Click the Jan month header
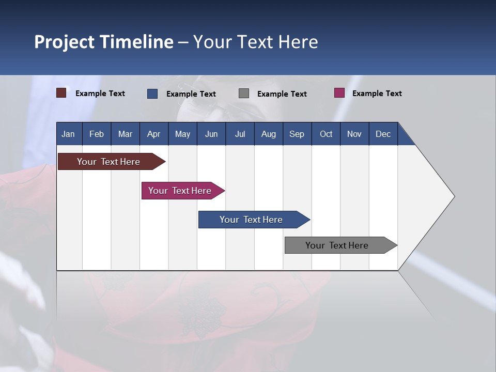(68, 134)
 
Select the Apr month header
(153, 134)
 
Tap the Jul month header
(240, 134)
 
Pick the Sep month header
(297, 134)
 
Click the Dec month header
(383, 134)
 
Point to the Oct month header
(326, 134)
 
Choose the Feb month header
(96, 134)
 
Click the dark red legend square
(61, 93)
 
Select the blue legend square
(152, 94)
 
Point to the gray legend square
(244, 94)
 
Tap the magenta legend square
(339, 93)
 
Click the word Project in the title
(64, 42)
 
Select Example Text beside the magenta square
(377, 94)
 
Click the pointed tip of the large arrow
(453, 196)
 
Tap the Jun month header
(211, 134)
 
